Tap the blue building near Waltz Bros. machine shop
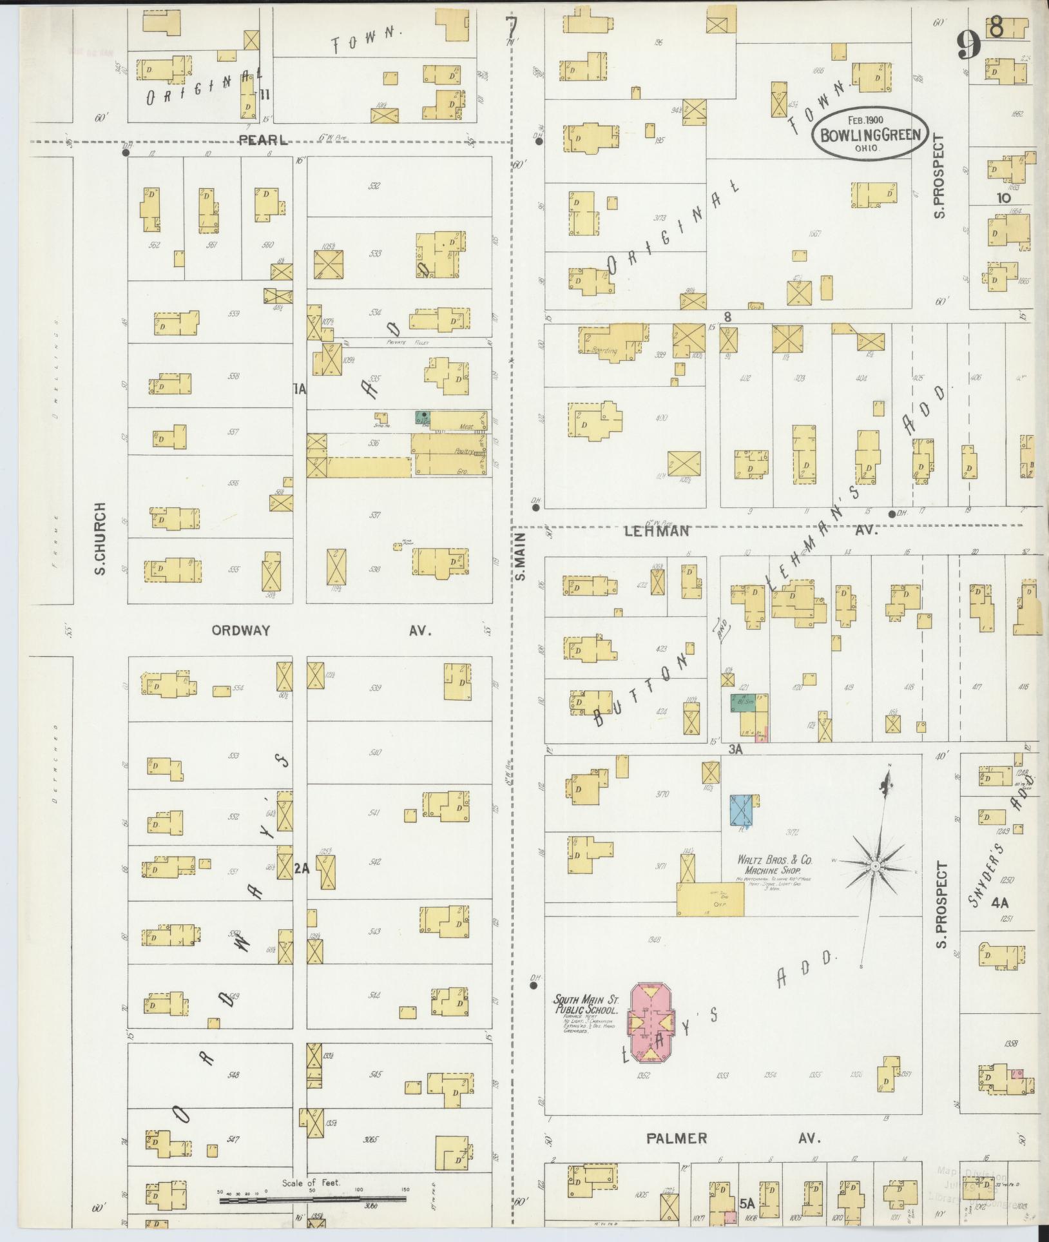(x=744, y=810)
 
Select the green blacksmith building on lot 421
(x=742, y=703)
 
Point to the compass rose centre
(x=876, y=868)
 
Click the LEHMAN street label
(x=657, y=531)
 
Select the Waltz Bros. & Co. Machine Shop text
(x=775, y=864)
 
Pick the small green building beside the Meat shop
(x=422, y=417)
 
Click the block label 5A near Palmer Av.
(x=747, y=1203)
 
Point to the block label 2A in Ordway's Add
(x=302, y=868)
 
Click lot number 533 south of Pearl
(x=374, y=253)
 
